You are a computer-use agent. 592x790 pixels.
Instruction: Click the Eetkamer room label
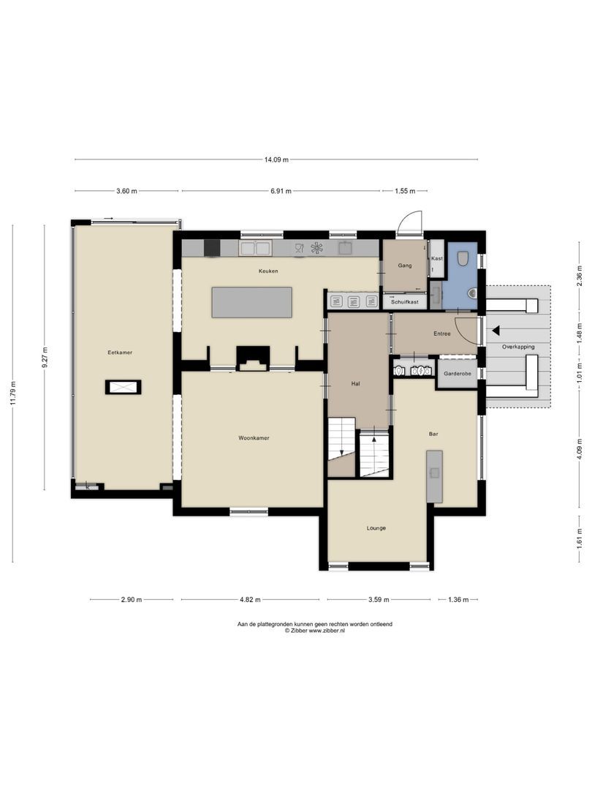tap(119, 353)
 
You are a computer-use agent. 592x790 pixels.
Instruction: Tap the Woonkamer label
tap(254, 438)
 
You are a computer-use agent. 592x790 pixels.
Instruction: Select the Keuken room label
tap(267, 271)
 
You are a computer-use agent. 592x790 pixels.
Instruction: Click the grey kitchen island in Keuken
tap(251, 302)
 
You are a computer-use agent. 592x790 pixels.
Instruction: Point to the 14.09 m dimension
tap(276, 159)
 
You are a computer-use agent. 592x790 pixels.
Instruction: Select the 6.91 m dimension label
tap(281, 191)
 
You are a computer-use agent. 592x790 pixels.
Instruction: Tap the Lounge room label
tap(376, 528)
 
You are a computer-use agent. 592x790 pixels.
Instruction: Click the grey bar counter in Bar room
tap(434, 476)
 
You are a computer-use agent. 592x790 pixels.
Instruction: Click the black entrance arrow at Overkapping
tap(496, 330)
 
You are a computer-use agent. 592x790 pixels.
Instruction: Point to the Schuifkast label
tap(404, 301)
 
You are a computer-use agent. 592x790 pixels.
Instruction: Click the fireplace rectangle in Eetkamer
tap(123, 387)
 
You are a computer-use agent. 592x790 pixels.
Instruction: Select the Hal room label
tap(355, 383)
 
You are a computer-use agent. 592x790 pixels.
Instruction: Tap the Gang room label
tap(405, 266)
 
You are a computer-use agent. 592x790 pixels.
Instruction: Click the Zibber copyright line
tap(315, 631)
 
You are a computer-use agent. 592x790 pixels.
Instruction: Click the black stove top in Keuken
tap(211, 248)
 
